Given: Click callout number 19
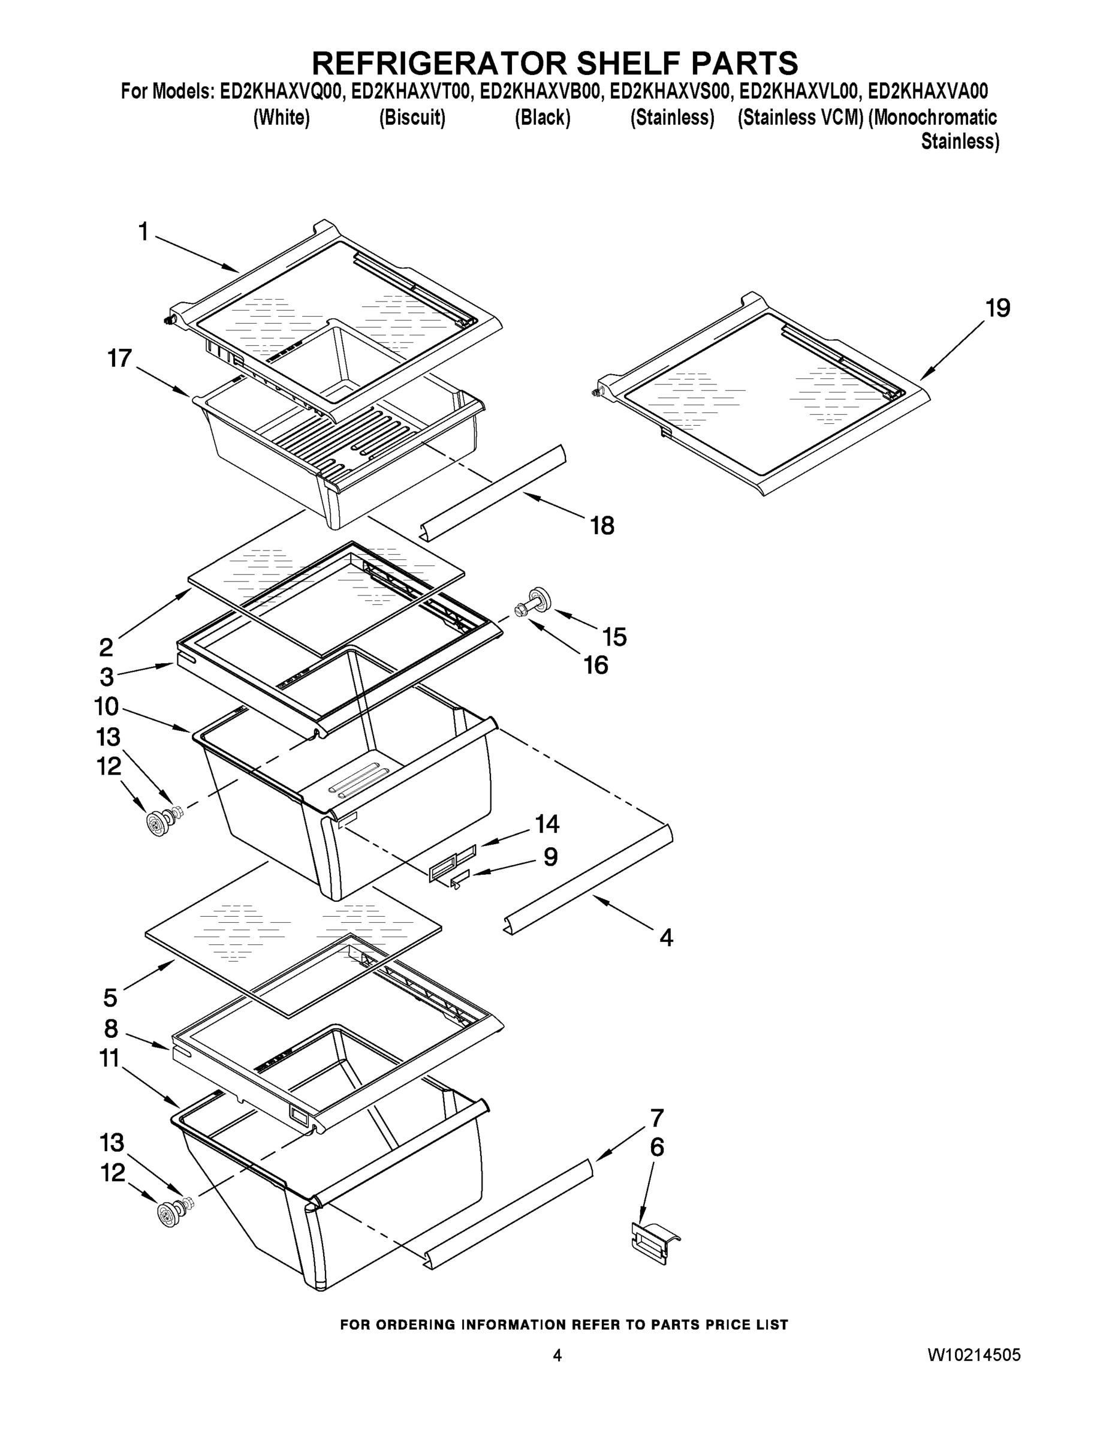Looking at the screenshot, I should click(998, 308).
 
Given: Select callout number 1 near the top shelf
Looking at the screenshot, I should click(143, 232).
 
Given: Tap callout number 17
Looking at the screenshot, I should click(120, 359).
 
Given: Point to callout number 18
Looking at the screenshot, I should click(602, 526).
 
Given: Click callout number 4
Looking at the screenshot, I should click(666, 938).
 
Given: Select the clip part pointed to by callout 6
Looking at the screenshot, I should click(654, 1244).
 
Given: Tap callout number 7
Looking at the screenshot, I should click(656, 1118).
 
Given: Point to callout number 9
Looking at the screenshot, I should click(550, 857).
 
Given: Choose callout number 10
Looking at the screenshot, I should click(106, 707).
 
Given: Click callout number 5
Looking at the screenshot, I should click(110, 998).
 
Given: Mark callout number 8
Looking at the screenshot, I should click(111, 1028).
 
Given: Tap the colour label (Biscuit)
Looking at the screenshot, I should click(412, 118).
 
